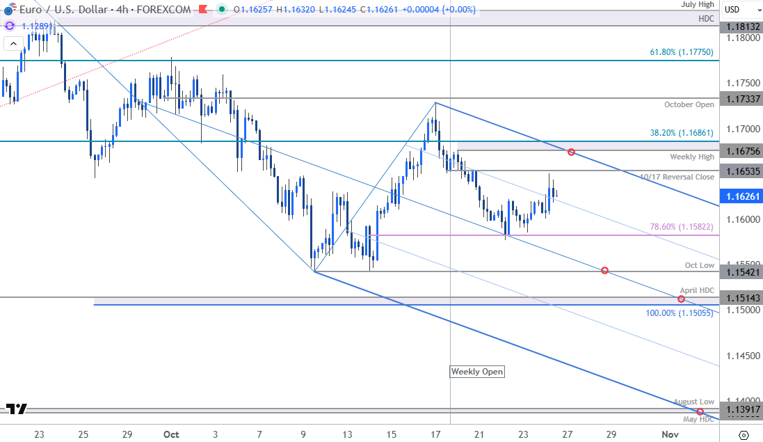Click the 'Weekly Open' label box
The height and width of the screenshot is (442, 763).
coord(477,372)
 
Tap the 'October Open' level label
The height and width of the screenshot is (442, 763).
coord(689,104)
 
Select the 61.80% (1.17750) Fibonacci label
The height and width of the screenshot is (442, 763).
coord(682,52)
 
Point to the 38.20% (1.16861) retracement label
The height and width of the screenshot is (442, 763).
coord(682,132)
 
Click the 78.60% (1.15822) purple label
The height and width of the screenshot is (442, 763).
coord(682,226)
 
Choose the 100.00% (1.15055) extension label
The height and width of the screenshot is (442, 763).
coord(680,313)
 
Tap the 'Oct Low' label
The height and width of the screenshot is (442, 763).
coord(699,265)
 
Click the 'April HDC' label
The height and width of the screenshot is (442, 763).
coord(697,290)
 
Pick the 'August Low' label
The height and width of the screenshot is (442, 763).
coord(693,402)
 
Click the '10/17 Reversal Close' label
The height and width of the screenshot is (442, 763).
coord(677,177)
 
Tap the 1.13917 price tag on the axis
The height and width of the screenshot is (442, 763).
coord(741,410)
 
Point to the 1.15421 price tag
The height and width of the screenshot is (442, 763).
coord(741,270)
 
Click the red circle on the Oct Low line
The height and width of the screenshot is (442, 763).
coord(604,270)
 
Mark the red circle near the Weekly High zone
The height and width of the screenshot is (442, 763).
coord(571,152)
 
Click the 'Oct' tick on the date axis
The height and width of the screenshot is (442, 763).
coord(171,434)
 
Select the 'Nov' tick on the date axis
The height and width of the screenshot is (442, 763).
coord(670,434)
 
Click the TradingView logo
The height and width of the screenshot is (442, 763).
coord(17,409)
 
